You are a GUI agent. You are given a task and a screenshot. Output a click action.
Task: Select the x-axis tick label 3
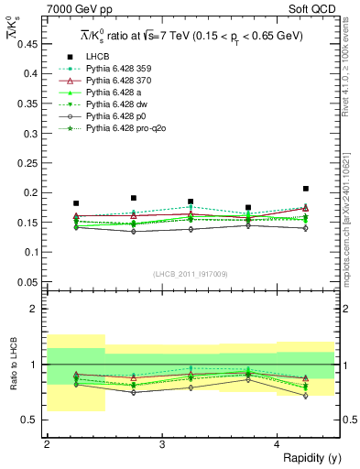coord(161,444)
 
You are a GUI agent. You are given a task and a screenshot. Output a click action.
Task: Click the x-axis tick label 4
coord(277,444)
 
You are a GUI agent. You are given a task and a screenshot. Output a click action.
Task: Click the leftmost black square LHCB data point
coord(76,203)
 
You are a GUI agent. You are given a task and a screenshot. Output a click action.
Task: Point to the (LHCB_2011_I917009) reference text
coord(191,274)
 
